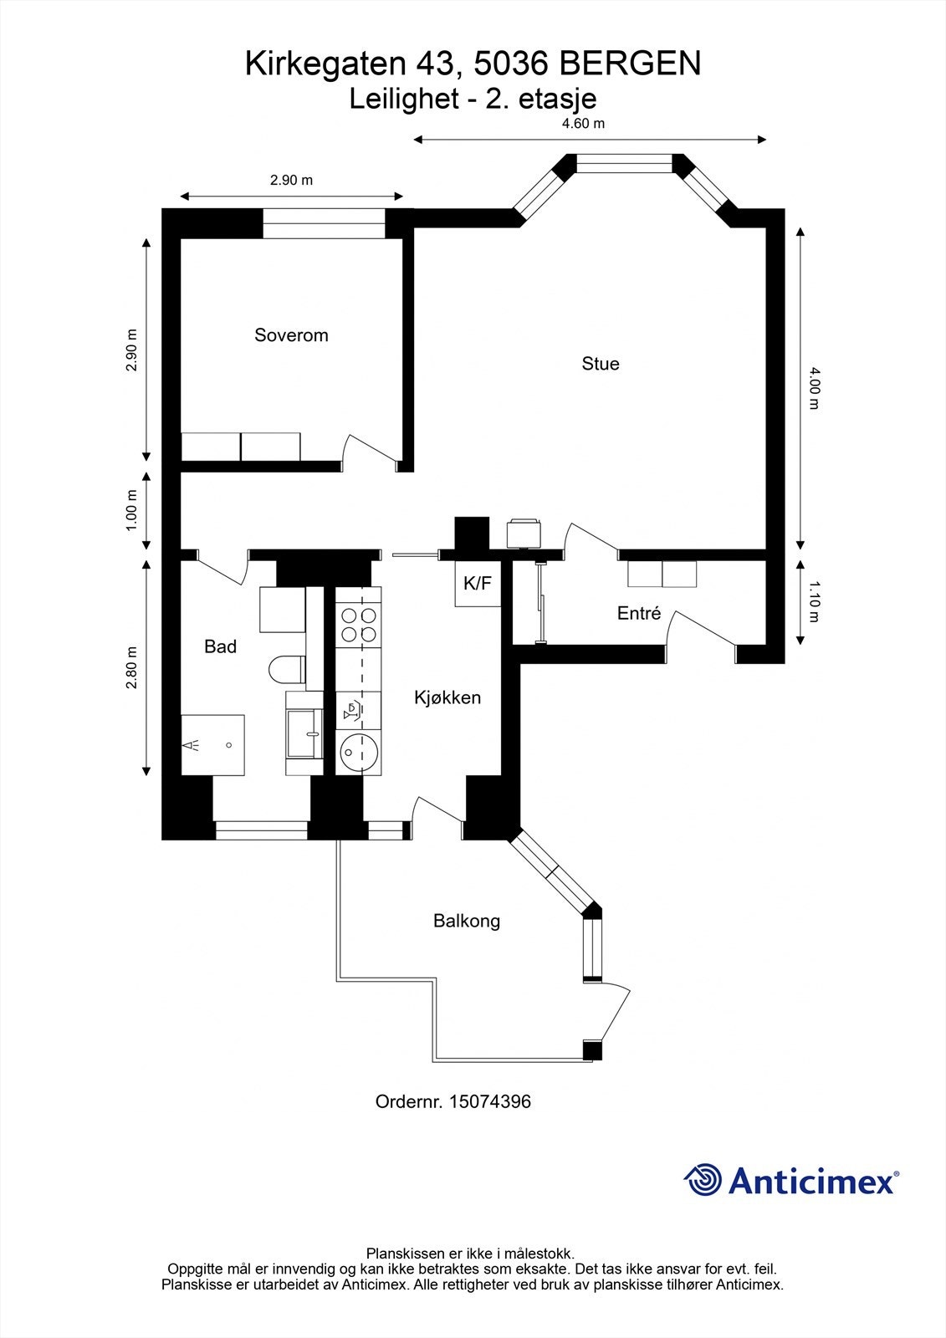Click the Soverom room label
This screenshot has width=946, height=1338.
coord(291,335)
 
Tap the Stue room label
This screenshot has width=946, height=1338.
coord(600,364)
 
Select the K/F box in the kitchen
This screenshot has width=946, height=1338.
coord(478,584)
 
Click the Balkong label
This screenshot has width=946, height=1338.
coord(467,921)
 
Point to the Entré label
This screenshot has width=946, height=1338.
coord(639,613)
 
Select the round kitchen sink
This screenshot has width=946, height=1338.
coord(358,752)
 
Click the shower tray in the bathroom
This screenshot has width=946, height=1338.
coord(213,744)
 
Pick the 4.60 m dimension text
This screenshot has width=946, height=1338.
coord(583,123)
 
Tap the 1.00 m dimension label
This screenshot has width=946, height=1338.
coord(130,510)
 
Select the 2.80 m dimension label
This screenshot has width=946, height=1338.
coord(130,668)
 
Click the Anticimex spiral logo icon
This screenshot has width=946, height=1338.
coord(703,1180)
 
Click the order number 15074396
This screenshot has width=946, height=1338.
coord(490,1101)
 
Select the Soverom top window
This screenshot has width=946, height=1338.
coord(325,223)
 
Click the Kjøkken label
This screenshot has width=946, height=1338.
coord(447,697)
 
